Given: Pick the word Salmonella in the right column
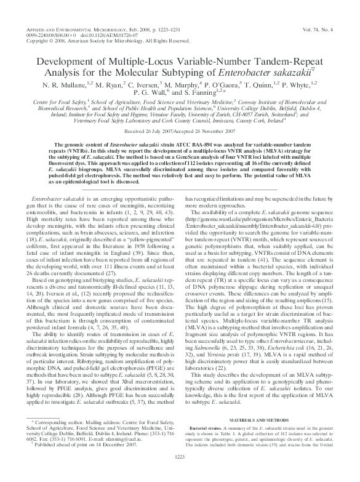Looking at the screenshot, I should coord(206,323).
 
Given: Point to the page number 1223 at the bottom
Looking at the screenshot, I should coord(180,473).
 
